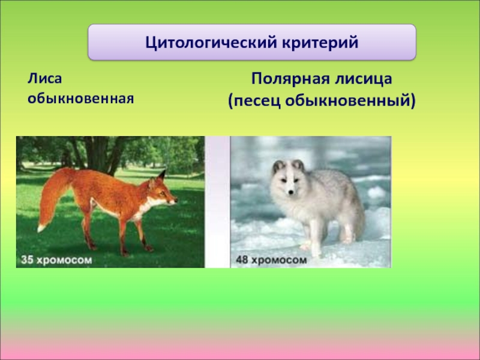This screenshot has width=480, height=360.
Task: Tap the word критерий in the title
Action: point(320,43)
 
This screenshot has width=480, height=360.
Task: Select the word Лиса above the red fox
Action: point(44,79)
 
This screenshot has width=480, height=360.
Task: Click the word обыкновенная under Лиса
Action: point(81,98)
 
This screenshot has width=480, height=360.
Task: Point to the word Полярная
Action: point(290,79)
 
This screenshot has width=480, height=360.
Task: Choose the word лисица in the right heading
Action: point(364,79)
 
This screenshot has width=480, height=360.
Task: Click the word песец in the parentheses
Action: point(257,101)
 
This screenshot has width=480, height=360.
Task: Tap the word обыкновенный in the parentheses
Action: point(350,101)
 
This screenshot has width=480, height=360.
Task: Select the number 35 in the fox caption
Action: point(26,260)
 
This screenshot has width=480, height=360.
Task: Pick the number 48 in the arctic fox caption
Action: point(242,260)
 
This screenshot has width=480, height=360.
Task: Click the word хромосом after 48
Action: point(278,260)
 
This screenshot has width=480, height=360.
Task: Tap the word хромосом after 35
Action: point(64,260)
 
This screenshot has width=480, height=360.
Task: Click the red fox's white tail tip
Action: point(41,228)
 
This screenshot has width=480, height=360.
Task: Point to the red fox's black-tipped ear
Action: point(161,175)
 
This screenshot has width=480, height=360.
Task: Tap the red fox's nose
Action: point(176,201)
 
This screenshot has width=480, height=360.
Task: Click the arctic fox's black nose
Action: point(290,192)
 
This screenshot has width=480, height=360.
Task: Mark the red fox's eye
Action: point(162,193)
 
